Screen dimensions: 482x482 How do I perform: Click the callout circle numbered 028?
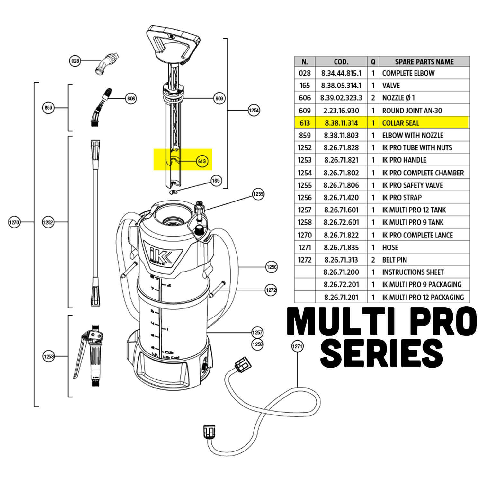coord(75,61)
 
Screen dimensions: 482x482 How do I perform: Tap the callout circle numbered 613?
coord(202,161)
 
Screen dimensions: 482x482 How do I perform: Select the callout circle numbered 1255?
coord(258,194)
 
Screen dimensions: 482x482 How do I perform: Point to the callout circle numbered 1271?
coord(297,346)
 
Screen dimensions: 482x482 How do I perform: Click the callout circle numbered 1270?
coord(14,222)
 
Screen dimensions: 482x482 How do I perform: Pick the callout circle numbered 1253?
coord(49,356)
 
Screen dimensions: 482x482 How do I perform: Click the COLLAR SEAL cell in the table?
coord(400,123)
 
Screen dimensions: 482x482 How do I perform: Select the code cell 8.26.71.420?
coord(341,198)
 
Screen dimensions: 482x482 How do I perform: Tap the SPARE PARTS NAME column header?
coord(424,62)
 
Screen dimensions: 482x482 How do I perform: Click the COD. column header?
coord(341,62)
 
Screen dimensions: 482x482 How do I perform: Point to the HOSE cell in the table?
coord(390,247)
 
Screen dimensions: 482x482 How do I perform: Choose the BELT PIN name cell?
coord(395,260)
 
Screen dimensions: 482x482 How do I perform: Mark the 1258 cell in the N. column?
coord(305,222)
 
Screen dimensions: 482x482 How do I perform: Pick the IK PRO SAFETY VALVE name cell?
coord(412,185)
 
